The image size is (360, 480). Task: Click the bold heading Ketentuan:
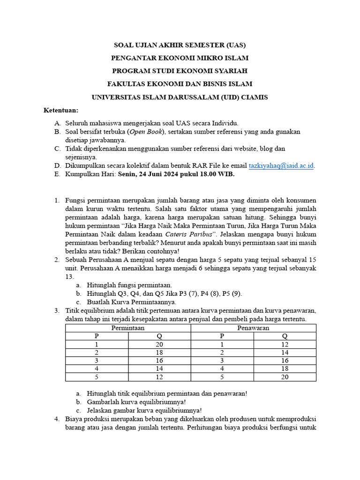tap(61, 110)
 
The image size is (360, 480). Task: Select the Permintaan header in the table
tap(127, 328)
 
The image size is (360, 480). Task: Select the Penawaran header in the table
tap(253, 328)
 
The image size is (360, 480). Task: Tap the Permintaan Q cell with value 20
tap(159, 345)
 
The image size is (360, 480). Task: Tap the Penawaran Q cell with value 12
tap(285, 345)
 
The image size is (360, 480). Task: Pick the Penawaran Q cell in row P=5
tap(285, 377)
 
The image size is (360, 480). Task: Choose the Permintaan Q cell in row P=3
tap(159, 361)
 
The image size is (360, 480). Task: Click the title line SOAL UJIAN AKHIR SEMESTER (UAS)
tap(180, 45)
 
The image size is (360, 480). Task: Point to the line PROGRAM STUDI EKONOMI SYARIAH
tap(180, 71)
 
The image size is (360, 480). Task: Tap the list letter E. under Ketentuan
tap(57, 174)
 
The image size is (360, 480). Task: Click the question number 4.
tap(56, 419)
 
